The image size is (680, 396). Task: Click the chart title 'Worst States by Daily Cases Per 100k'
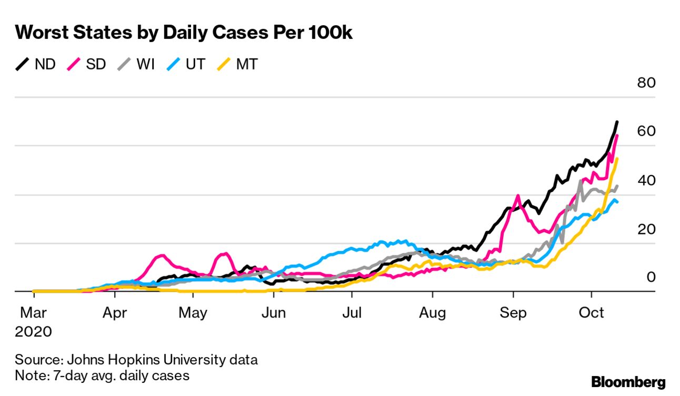[x=184, y=33]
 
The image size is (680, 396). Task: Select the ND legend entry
[x=36, y=65]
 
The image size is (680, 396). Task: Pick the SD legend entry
[x=87, y=65]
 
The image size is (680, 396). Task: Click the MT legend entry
[x=238, y=65]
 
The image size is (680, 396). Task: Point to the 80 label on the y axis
[x=646, y=83]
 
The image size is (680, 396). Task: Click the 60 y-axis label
[x=646, y=132]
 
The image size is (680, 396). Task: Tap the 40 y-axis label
[x=646, y=181]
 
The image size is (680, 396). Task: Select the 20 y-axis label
[x=646, y=230]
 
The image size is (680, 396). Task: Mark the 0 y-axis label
[x=651, y=277]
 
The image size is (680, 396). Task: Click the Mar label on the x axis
[x=33, y=313]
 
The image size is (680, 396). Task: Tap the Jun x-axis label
[x=273, y=313]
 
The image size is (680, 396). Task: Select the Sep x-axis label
[x=513, y=313]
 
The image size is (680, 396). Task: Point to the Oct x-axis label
[x=592, y=313]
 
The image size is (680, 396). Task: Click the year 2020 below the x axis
[x=33, y=332]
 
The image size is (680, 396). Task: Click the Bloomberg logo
[x=628, y=382]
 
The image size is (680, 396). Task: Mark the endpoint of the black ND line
[x=617, y=122]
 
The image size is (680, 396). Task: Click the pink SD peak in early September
[x=517, y=196]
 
